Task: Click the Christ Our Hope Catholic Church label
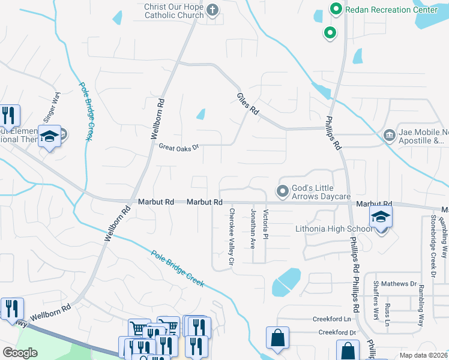pos(173,10)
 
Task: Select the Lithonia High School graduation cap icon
pos(381,217)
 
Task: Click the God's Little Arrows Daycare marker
pos(282,192)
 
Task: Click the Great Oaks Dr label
pos(178,146)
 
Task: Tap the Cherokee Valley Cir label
pos(231,237)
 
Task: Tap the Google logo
pos(20,353)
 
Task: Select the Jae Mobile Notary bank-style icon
pos(390,134)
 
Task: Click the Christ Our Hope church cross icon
pos(213,10)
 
